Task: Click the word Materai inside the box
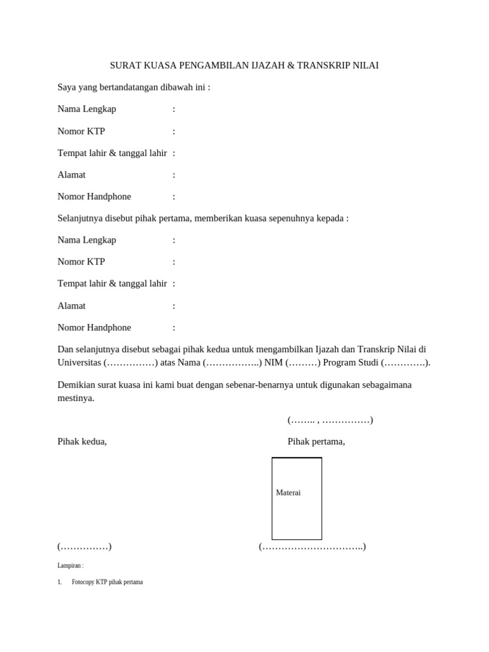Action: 288,493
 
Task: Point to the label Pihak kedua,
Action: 82,442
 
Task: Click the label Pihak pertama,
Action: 316,442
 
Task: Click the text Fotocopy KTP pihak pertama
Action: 108,582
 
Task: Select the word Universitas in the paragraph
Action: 80,363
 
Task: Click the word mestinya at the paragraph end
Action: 76,398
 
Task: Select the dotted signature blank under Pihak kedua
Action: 85,546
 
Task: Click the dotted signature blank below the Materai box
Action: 312,546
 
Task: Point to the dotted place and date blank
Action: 330,420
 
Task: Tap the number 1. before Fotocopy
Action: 59,582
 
